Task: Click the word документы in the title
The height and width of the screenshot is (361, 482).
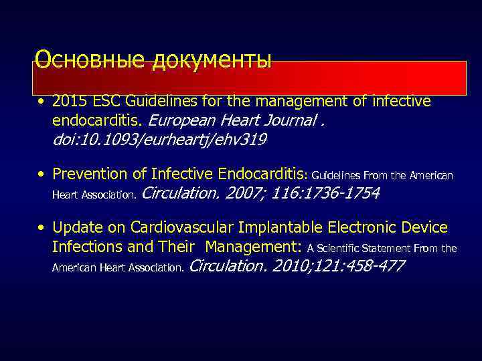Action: [x=212, y=60]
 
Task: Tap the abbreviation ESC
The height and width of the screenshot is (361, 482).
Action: [x=103, y=102]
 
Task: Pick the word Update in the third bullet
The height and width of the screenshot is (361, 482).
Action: [x=74, y=228]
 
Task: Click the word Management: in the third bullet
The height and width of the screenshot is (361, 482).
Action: [x=255, y=247]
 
